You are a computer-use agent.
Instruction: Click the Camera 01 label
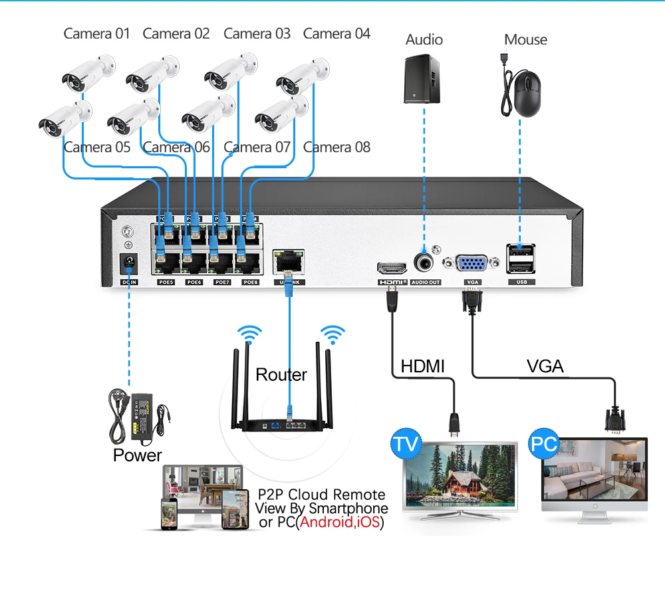(x=96, y=33)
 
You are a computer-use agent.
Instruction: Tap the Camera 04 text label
(x=336, y=33)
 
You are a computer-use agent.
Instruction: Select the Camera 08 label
(x=336, y=147)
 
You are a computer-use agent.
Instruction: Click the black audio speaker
(x=422, y=78)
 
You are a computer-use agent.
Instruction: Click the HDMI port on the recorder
(x=392, y=267)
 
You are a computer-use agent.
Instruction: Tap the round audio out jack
(x=424, y=262)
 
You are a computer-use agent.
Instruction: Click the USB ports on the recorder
(x=520, y=259)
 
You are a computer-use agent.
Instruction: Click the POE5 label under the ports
(x=166, y=283)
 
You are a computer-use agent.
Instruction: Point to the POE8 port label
(x=250, y=283)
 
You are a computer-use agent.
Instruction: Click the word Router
(x=281, y=375)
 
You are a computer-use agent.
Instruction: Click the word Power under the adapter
(x=137, y=455)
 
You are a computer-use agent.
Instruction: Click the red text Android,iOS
(x=340, y=523)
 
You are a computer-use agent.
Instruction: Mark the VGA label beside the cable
(x=545, y=366)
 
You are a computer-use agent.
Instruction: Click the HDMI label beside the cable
(x=422, y=366)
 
